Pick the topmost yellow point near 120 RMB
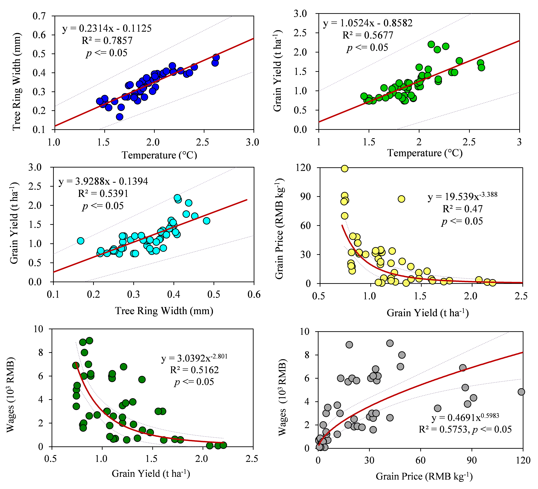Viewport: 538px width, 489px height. click(x=345, y=168)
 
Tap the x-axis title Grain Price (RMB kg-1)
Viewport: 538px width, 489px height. click(x=424, y=476)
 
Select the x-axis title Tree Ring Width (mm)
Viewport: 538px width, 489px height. click(x=164, y=311)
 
